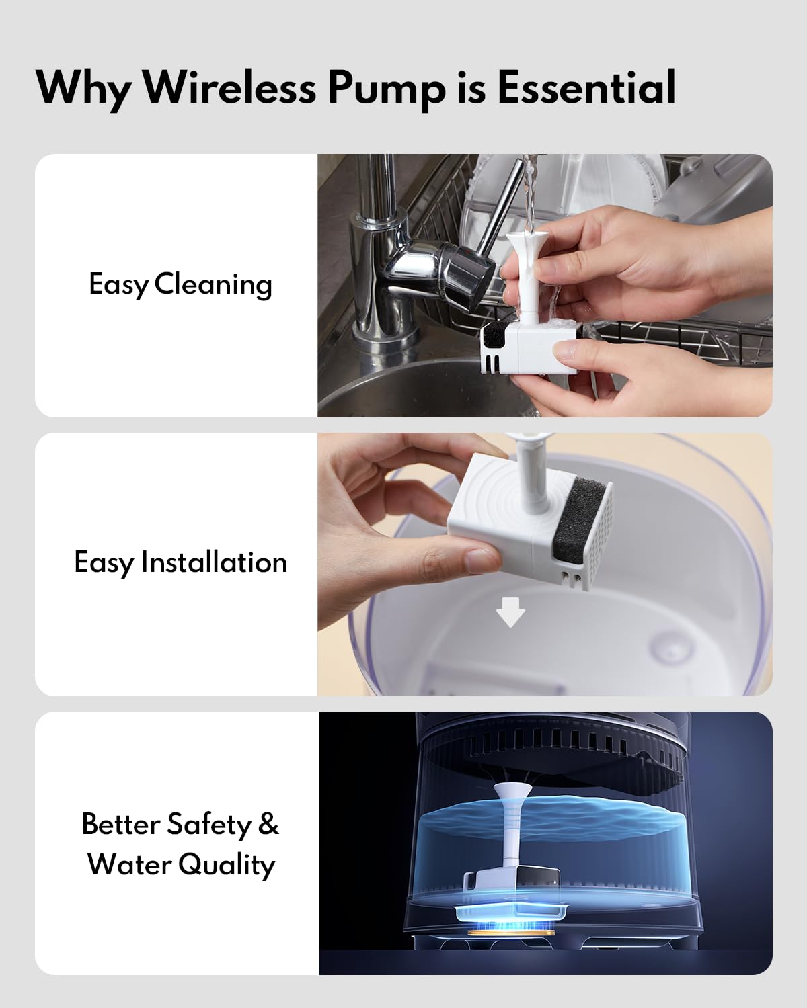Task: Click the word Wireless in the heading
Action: point(229,87)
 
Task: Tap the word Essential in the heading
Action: point(586,87)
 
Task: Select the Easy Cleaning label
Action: point(180,284)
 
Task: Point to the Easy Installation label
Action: point(180,562)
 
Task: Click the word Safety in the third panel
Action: point(208,825)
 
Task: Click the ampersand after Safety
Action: point(268,824)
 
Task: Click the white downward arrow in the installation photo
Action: point(510,613)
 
